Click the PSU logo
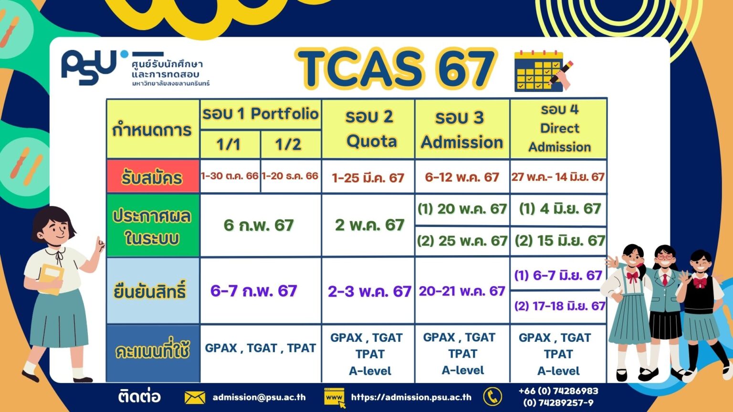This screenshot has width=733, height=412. pyautogui.click(x=89, y=67)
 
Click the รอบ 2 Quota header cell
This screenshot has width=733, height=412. pyautogui.click(x=368, y=129)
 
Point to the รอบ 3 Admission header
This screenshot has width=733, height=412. pyautogui.click(x=462, y=129)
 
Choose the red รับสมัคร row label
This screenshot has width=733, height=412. pyautogui.click(x=153, y=176)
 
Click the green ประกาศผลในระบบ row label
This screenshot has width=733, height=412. pyautogui.click(x=153, y=225)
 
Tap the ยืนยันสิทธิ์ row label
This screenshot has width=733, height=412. pyautogui.click(x=153, y=291)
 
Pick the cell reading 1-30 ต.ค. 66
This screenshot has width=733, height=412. pyautogui.click(x=230, y=176)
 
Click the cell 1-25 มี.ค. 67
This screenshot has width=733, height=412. pyautogui.click(x=368, y=177)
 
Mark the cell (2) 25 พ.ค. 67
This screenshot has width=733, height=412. pyautogui.click(x=462, y=241)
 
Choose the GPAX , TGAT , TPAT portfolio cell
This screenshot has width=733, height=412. pyautogui.click(x=261, y=348)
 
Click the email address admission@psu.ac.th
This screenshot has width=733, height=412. pyautogui.click(x=259, y=397)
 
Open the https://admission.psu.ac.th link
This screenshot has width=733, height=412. pyautogui.click(x=411, y=397)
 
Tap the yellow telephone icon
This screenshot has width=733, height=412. pyautogui.click(x=492, y=397)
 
